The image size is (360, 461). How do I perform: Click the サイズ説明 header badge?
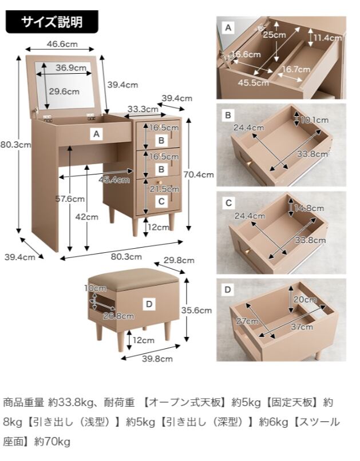[x=52, y=22]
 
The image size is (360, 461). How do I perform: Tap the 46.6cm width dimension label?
[x=62, y=44]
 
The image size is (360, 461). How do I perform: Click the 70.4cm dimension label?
[x=200, y=175]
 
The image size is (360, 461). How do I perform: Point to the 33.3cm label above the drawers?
[x=143, y=109]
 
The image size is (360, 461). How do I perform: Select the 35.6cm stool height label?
[x=200, y=311]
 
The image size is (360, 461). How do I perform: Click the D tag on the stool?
[x=149, y=304]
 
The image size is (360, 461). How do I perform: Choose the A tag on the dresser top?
[x=97, y=134]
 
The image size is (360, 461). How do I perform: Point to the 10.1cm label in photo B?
[x=315, y=120]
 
